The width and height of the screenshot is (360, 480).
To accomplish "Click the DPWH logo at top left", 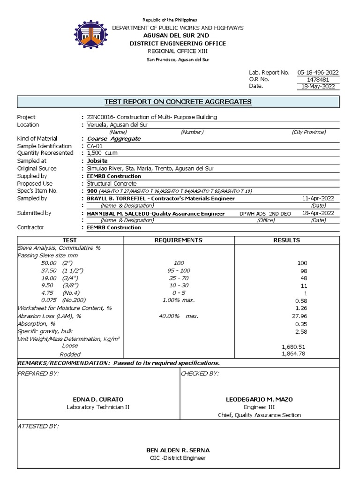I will pyautogui.click(x=93, y=37).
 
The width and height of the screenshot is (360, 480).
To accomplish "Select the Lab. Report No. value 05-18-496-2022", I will pyautogui.click(x=318, y=72).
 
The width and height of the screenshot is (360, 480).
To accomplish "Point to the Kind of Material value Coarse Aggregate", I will pyautogui.click(x=114, y=139).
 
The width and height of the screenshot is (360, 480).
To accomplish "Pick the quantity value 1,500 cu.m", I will pyautogui.click(x=101, y=153).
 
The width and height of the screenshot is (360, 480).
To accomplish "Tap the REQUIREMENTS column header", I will pyautogui.click(x=179, y=240).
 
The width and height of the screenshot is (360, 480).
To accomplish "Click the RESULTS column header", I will pyautogui.click(x=286, y=240).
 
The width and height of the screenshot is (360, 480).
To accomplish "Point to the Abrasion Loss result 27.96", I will pyautogui.click(x=300, y=316).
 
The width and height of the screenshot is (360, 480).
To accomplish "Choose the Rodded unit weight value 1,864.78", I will pyautogui.click(x=293, y=353).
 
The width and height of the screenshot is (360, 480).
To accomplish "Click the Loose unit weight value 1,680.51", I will pyautogui.click(x=293, y=346).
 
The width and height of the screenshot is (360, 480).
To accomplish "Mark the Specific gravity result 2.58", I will pyautogui.click(x=300, y=331).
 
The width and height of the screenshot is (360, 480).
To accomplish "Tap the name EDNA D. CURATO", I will pyautogui.click(x=98, y=399).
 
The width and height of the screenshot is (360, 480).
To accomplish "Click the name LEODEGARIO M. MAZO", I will pyautogui.click(x=259, y=399).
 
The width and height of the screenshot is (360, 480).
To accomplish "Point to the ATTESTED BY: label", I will pyautogui.click(x=38, y=426).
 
